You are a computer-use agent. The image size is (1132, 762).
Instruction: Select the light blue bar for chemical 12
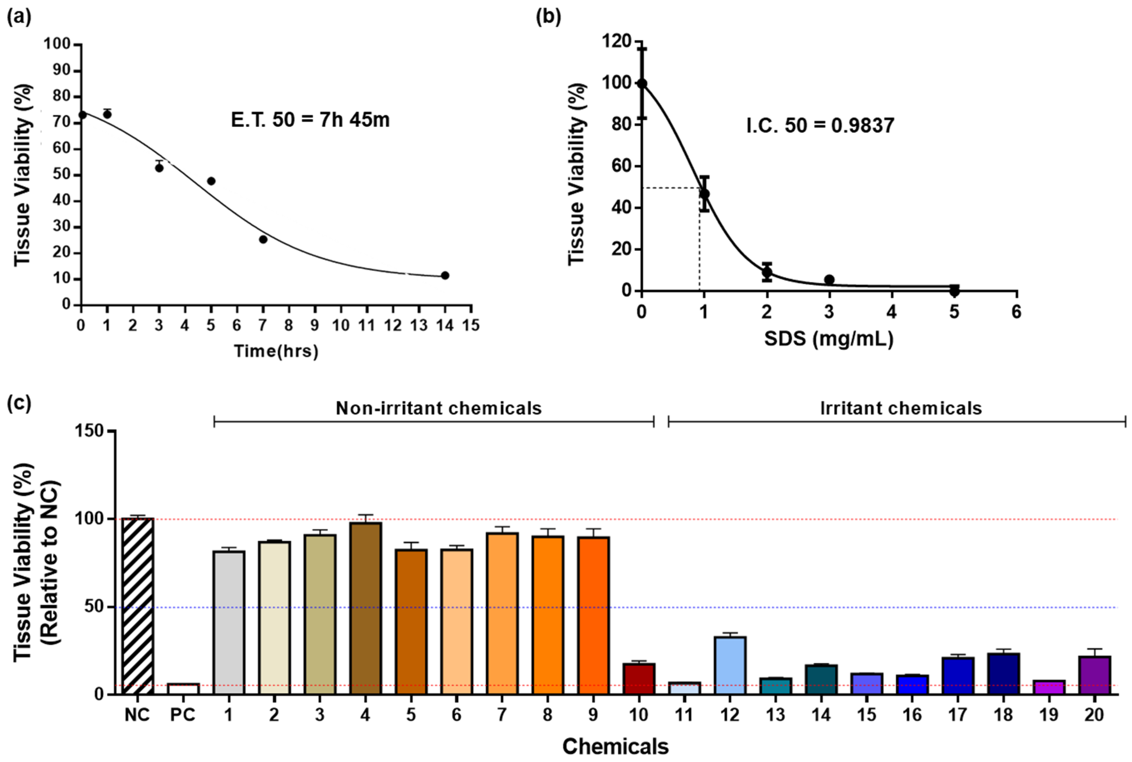tap(730, 665)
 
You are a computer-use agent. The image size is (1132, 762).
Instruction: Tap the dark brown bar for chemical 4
tap(366, 608)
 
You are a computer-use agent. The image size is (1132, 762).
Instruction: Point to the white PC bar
tap(183, 689)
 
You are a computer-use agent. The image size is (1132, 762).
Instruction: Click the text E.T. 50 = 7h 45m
tap(310, 120)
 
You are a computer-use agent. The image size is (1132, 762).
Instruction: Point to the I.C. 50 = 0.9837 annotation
tap(820, 126)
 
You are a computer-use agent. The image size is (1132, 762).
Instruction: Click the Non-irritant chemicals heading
tap(439, 408)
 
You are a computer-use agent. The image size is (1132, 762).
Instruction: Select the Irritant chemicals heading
tap(901, 408)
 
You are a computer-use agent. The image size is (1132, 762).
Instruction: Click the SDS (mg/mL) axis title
tap(829, 339)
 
